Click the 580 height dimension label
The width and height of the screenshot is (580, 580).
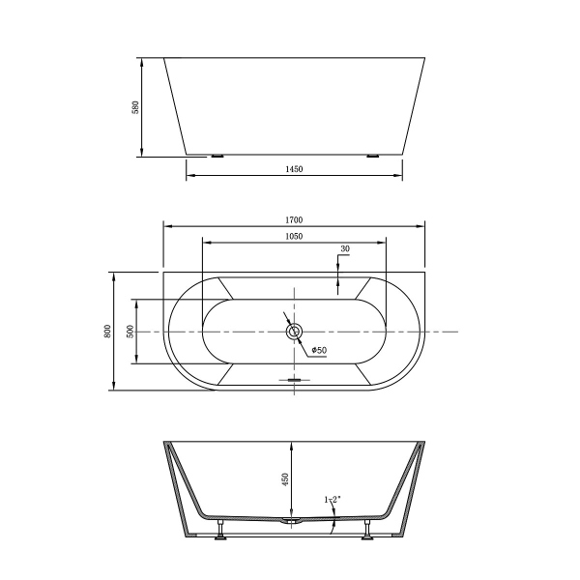[x=136, y=106]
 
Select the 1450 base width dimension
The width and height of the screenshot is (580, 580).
[x=295, y=169]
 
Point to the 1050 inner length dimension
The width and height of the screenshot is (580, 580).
[x=295, y=236]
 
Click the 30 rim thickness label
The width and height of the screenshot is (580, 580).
[x=345, y=249]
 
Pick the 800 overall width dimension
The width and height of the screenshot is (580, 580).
[x=106, y=332]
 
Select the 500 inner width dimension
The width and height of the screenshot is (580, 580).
[x=130, y=332]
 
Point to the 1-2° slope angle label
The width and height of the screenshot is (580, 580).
[x=332, y=500]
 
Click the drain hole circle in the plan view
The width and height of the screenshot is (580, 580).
[x=295, y=332]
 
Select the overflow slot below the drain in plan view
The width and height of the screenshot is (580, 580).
[x=295, y=380]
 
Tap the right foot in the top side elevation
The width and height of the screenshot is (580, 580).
[x=373, y=155]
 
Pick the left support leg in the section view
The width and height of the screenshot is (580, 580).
[x=221, y=528]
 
